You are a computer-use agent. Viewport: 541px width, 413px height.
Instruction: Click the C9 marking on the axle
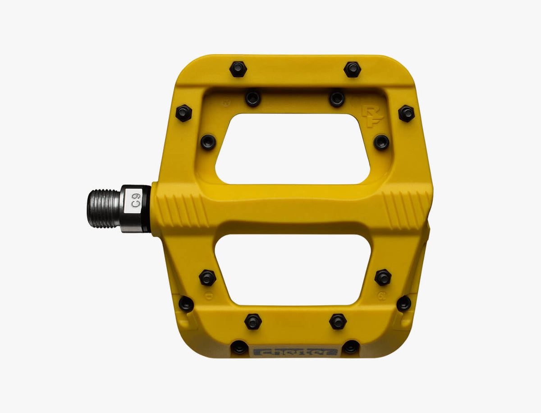coord(136,200)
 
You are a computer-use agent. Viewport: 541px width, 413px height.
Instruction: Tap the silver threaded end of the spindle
coord(103,208)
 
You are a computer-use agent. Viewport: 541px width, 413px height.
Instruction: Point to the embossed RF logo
coord(372,117)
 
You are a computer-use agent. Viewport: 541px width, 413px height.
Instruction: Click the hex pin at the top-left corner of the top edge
coord(238,69)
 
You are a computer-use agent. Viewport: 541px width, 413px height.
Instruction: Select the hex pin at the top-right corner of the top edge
coord(352,69)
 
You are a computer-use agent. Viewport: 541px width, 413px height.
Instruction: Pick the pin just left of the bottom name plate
coord(239,347)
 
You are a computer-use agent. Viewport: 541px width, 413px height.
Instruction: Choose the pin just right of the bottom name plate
coord(351,347)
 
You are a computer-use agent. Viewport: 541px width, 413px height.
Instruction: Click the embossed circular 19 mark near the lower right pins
coord(381,296)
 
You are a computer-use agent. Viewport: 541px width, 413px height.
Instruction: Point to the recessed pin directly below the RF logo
coord(381,142)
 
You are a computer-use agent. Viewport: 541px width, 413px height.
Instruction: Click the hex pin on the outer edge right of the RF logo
coord(406,113)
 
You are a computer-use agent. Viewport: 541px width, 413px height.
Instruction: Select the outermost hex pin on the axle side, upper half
coord(183,113)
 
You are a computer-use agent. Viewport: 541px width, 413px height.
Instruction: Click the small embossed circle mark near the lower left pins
coord(208,296)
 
